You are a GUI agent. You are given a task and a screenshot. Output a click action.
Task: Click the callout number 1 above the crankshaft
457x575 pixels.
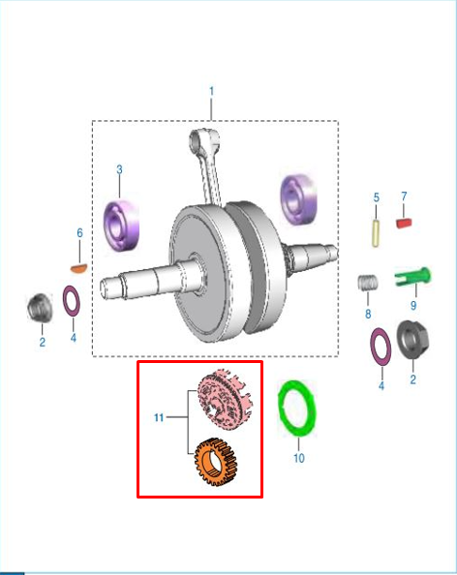[211, 91]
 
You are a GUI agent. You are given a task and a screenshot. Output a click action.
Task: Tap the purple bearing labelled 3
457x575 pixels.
[121, 226]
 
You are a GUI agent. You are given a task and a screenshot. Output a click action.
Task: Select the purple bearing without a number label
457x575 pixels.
[298, 199]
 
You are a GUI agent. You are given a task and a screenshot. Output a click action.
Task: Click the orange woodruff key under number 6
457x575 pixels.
[78, 268]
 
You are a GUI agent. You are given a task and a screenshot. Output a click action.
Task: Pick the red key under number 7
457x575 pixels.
[404, 223]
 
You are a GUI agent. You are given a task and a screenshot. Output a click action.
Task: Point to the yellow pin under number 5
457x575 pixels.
[376, 233]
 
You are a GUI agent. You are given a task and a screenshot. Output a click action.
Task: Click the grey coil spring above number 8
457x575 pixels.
[368, 283]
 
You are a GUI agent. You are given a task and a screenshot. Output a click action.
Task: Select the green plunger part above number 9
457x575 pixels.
[412, 276]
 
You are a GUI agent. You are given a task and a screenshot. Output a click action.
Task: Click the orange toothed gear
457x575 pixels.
[216, 462]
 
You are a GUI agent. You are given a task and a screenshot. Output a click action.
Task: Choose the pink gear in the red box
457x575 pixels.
[225, 399]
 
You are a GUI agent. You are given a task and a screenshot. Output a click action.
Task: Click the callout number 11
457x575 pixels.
[159, 417]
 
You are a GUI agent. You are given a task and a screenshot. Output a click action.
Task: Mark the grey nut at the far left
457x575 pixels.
[40, 308]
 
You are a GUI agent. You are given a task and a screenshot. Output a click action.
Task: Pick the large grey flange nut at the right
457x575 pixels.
[412, 339]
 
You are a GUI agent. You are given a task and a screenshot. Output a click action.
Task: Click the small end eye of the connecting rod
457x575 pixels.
[199, 140]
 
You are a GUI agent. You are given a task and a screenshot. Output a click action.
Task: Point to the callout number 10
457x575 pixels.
[299, 458]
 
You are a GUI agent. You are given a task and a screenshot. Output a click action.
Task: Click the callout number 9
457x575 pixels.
[413, 306]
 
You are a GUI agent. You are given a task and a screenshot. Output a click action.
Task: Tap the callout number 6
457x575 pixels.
[79, 233]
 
